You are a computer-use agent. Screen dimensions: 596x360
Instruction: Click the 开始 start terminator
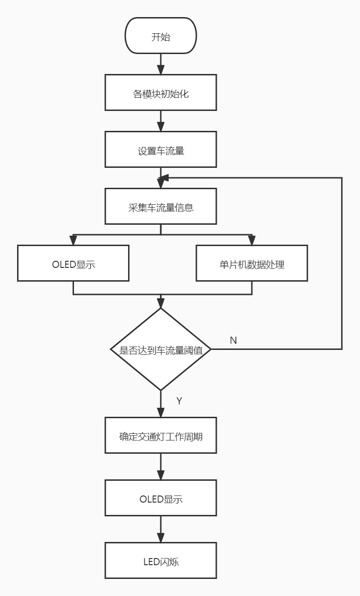click(161, 36)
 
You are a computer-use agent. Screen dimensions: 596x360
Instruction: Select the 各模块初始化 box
click(161, 92)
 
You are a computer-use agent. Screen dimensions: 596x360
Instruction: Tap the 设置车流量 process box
click(161, 150)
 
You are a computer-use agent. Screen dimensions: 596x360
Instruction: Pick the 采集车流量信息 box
click(161, 206)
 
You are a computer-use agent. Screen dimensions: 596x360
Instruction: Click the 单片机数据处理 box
click(252, 263)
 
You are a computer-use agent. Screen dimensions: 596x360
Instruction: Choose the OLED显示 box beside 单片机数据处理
click(74, 263)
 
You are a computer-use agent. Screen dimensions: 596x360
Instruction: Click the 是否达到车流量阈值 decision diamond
click(161, 349)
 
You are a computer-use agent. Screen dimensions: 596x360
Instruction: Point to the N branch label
click(233, 340)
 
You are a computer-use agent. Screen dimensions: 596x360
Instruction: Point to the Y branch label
click(179, 401)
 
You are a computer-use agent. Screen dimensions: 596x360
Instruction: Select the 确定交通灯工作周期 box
click(161, 435)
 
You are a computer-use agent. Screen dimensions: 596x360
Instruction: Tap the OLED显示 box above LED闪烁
click(161, 498)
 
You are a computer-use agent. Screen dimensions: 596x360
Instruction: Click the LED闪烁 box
click(161, 560)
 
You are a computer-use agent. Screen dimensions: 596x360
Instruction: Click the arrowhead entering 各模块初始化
click(161, 70)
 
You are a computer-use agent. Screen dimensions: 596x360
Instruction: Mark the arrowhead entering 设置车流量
click(161, 127)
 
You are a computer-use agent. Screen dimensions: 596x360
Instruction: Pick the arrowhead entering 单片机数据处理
click(252, 240)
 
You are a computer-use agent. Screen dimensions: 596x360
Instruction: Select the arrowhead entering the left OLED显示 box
click(74, 240)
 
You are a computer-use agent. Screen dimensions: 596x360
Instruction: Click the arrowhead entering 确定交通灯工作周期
click(161, 413)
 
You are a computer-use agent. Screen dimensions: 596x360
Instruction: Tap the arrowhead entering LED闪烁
click(161, 538)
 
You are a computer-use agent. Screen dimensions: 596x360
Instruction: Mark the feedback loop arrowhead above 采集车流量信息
click(164, 178)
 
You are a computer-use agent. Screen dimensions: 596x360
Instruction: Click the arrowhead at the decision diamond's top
click(161, 304)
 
